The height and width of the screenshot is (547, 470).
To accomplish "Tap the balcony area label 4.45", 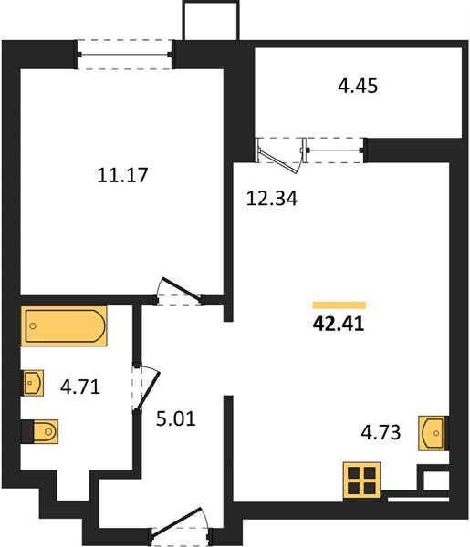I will (358, 88).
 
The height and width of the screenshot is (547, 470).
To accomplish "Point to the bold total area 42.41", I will (339, 325).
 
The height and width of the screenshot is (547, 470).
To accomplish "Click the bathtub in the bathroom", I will (65, 326).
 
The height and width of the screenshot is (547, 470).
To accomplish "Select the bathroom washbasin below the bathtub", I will (32, 382).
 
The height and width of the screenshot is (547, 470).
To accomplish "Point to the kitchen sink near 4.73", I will (433, 432).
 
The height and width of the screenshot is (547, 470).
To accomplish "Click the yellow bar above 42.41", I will (339, 305).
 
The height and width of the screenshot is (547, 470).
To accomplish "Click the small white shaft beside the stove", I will (434, 480).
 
